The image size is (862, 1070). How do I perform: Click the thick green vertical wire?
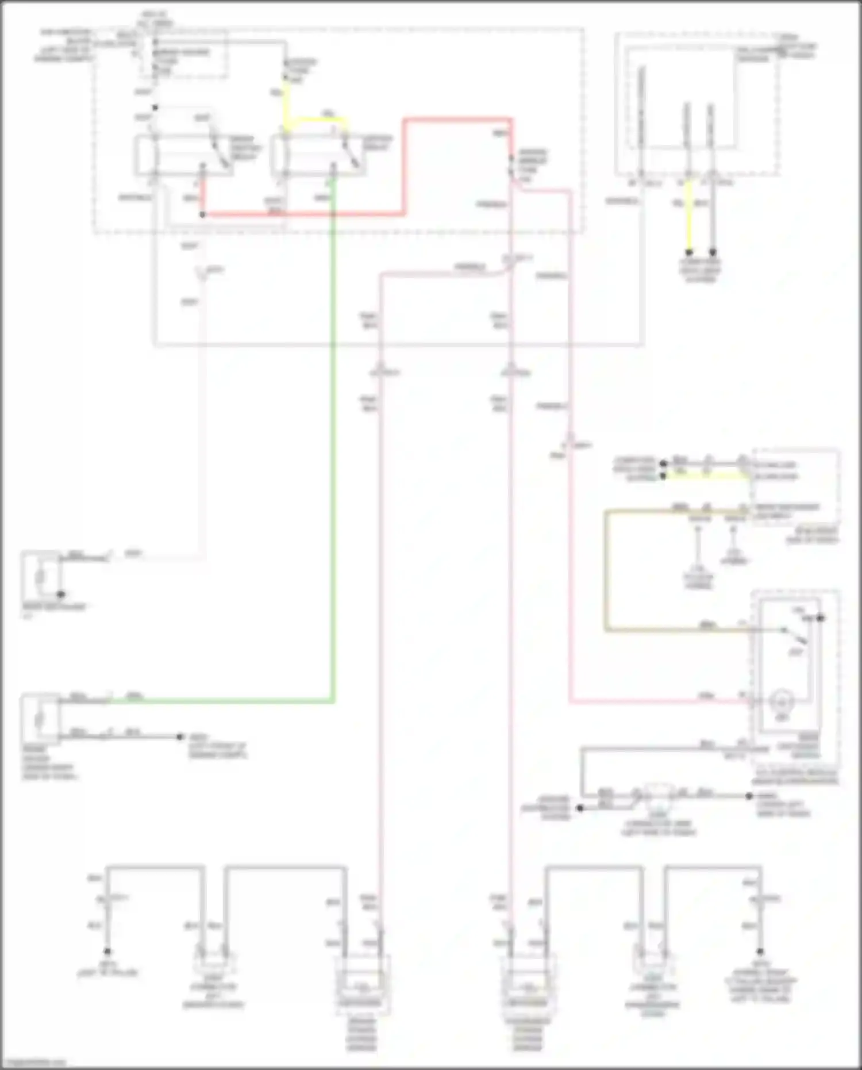tap(333, 460)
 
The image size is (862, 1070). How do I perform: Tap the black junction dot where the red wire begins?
tap(202, 214)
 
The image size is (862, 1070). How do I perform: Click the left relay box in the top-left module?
tap(184, 155)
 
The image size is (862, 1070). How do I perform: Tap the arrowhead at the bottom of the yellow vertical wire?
tap(689, 252)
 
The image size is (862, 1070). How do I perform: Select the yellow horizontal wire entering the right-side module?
tap(707, 476)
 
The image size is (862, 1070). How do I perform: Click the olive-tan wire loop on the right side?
tap(606, 569)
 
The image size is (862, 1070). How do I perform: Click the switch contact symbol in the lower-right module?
tap(796, 635)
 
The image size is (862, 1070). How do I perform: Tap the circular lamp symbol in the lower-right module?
tap(781, 701)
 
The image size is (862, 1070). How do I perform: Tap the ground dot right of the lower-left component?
tap(180, 737)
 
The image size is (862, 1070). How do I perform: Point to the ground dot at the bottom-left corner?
tap(107, 952)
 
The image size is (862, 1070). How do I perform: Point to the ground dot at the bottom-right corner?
tap(760, 952)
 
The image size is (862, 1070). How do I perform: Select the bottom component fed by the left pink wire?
tap(363, 986)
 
